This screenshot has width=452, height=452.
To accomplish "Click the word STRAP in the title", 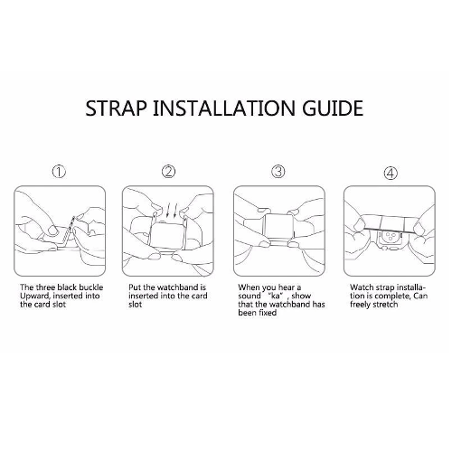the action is coord(117,108).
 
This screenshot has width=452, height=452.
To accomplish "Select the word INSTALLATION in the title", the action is coord(224,108).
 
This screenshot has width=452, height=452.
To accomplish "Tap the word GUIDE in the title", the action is coord(333,108).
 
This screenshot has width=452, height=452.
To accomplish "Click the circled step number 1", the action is coord(59,172).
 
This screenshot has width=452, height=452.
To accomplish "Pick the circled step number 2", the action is coord(168,172).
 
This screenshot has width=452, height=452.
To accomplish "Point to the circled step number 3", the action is coord(278,172).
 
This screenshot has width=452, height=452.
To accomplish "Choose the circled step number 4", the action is coord(391,174).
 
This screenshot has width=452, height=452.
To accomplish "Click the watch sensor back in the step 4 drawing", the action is coord(391,239).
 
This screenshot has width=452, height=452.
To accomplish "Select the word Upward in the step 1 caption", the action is coord(34,297).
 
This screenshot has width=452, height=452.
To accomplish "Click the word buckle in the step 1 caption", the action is coord(91,287).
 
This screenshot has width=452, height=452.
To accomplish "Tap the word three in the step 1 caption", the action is coord(46,287).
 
